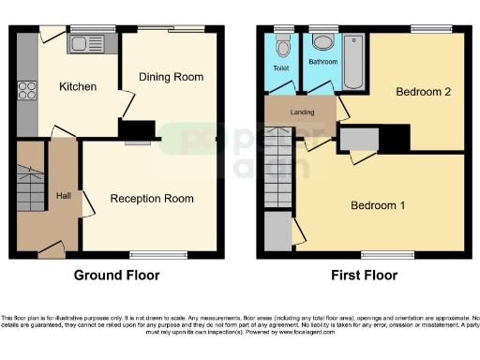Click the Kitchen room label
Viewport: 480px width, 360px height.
78,86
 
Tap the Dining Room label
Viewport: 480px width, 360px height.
171,76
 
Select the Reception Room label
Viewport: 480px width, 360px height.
152,198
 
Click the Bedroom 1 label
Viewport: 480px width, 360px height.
378,205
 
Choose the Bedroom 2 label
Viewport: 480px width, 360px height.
424,92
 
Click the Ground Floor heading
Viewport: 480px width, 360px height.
116,276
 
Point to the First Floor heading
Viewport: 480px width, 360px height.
364,276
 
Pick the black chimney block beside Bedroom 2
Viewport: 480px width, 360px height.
395,138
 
